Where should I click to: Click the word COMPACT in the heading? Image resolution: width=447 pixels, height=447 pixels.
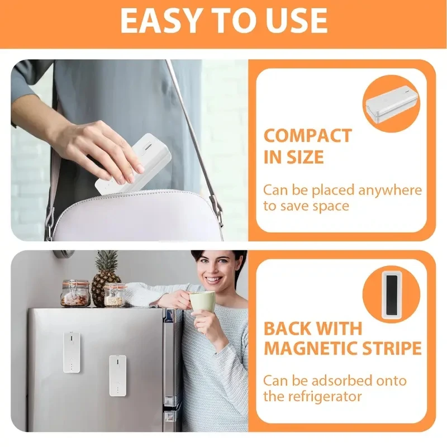coord(307,136)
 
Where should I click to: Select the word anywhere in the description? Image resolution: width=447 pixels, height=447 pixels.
coord(390,190)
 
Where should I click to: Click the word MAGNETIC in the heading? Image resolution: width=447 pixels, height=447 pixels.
coord(313,349)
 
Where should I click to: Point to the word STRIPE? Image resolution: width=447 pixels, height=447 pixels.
coord(394,349)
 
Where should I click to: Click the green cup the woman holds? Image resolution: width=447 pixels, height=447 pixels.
coord(202,301)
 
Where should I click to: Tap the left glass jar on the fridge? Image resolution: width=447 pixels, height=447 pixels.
coord(75,293)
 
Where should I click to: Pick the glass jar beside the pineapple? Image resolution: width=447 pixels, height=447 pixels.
coord(113,294)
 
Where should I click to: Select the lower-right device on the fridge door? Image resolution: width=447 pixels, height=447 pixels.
coord(117,375)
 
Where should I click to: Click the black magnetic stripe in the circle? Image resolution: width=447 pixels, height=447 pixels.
coord(391,294)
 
